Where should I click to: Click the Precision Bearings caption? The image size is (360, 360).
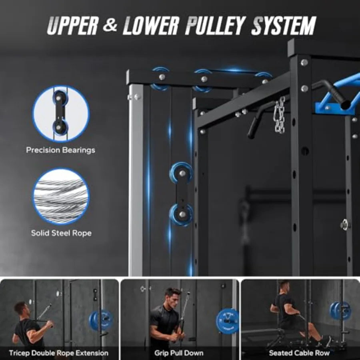pyautogui.click(x=61, y=150)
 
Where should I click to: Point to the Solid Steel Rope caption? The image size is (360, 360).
pyautogui.click(x=61, y=233)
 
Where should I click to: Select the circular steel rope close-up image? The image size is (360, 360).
pyautogui.click(x=61, y=196)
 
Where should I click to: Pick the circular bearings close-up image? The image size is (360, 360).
pyautogui.click(x=61, y=114)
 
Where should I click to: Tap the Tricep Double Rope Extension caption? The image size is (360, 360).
pyautogui.click(x=59, y=353)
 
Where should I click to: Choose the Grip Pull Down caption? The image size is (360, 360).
pyautogui.click(x=179, y=353)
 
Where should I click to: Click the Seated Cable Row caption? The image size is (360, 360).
pyautogui.click(x=299, y=353)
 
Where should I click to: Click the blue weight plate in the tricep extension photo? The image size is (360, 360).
pyautogui.click(x=101, y=320)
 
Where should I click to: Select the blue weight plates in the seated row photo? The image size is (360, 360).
pyautogui.click(x=340, y=310)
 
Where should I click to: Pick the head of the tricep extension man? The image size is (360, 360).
pyautogui.click(x=20, y=308)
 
